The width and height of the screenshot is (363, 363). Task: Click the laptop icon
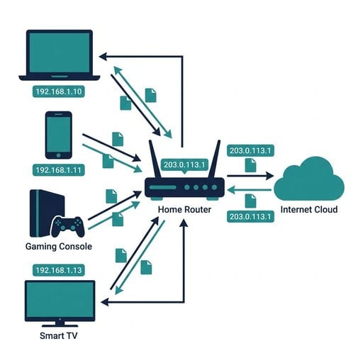tap(60, 55)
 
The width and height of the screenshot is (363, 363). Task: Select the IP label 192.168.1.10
tap(60, 91)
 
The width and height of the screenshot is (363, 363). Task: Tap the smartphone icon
tap(58, 135)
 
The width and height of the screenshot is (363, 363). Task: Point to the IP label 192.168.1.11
tap(58, 170)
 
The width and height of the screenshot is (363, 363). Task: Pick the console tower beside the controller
tap(38, 213)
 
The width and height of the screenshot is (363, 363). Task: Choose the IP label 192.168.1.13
tap(58, 269)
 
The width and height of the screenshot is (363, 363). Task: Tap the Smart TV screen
tap(60, 300)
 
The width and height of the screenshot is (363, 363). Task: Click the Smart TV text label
tap(60, 334)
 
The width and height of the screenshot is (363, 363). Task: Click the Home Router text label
tap(184, 209)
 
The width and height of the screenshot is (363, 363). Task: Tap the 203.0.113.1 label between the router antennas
tap(184, 164)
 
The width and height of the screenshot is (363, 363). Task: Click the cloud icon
tap(308, 179)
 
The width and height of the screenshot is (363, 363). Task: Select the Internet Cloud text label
tap(309, 210)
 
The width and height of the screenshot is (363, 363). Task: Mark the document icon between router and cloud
tap(250, 164)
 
